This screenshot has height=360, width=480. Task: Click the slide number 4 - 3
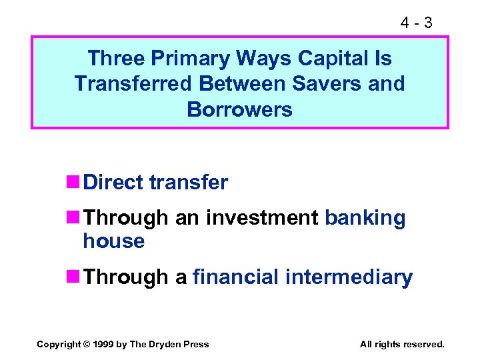(416, 23)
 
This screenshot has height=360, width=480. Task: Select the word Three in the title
(115, 59)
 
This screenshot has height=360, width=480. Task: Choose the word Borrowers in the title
(239, 109)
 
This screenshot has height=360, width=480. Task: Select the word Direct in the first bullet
(114, 182)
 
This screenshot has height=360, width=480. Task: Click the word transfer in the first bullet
(189, 182)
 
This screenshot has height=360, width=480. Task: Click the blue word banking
(365, 218)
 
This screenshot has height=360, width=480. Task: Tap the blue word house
(113, 241)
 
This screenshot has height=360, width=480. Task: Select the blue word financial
(237, 277)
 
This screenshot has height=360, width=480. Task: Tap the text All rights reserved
(401, 344)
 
